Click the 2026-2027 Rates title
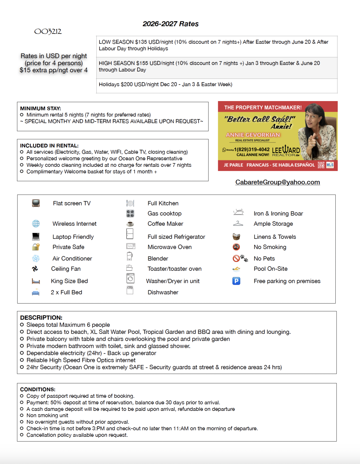170,24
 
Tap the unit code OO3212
48,31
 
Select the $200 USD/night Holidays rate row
165,85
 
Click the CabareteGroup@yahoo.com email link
277,182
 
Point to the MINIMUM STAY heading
40,108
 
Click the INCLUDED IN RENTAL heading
49,145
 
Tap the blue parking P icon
236,281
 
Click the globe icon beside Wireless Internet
36,223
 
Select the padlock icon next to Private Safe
36,247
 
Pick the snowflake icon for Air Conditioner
36,258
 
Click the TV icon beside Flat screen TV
36,203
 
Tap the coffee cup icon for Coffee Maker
130,223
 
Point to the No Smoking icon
236,247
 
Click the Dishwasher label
163,292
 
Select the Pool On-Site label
271,269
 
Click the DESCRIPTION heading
41,318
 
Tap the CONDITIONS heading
38,389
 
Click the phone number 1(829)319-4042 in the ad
252,149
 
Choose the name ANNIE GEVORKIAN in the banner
253,135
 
